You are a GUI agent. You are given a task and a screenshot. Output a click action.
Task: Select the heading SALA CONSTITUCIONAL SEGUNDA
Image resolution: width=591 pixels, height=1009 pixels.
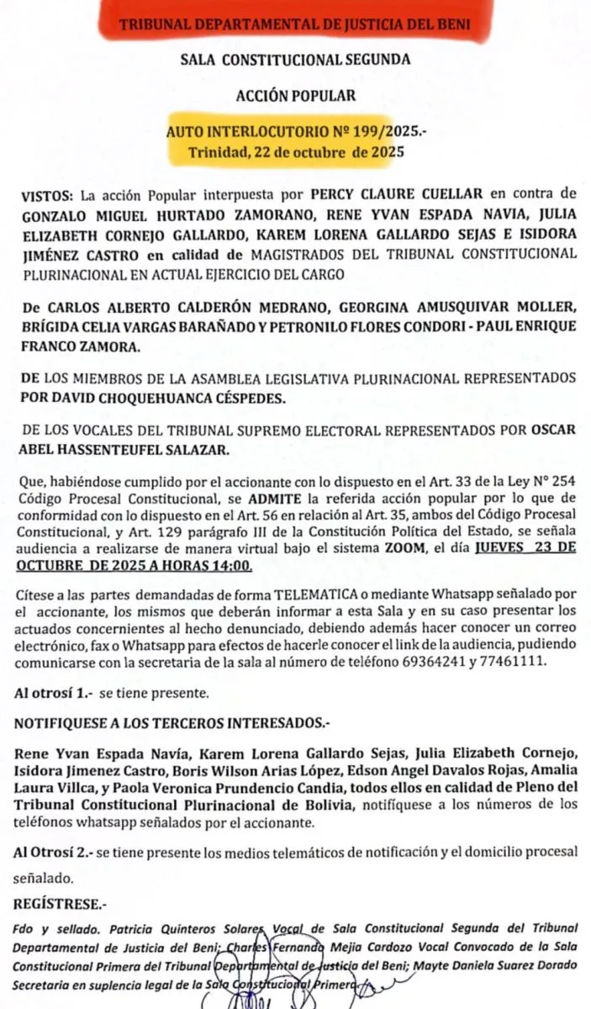click(x=295, y=60)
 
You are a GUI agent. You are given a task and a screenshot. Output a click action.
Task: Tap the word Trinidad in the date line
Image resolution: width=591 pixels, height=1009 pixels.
click(x=219, y=153)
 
